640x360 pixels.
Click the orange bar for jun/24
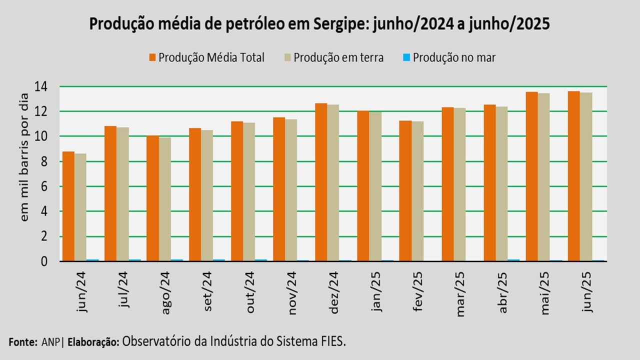coord(68,206)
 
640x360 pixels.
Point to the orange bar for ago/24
coord(152,198)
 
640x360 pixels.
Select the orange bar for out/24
coord(237,191)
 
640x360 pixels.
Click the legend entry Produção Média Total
coord(211,57)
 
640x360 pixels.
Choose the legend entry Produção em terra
coord(338,57)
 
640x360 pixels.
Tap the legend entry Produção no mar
coord(454,57)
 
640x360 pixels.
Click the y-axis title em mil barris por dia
coord(25,173)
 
